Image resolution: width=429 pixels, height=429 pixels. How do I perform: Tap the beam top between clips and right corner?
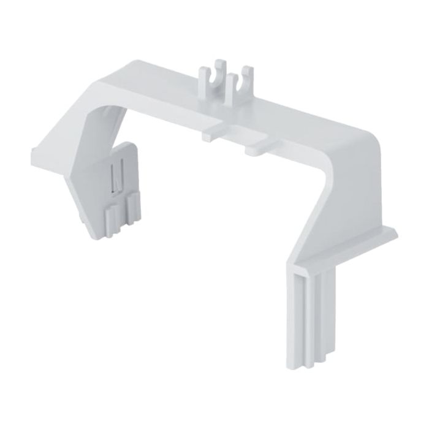[294, 113]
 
